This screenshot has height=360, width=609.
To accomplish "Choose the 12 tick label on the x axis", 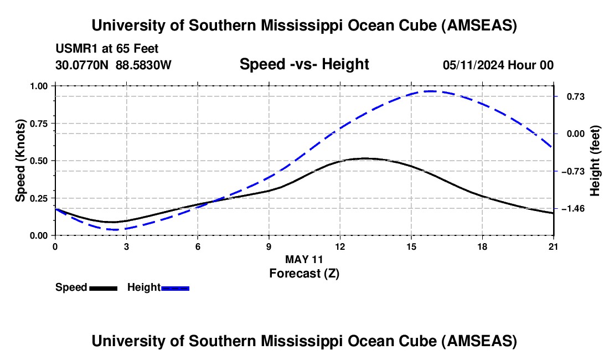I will (340, 246).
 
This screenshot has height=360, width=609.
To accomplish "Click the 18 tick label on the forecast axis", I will (483, 246).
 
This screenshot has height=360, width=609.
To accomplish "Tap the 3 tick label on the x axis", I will (126, 246).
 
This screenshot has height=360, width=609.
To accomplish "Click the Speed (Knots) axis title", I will (20, 161).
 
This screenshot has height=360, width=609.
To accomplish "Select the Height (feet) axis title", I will (595, 161).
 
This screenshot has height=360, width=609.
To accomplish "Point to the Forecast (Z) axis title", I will (304, 273).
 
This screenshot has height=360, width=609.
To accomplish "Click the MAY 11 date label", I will (304, 259).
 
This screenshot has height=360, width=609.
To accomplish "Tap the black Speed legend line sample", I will (103, 287).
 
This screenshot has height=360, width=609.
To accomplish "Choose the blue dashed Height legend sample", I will (176, 287).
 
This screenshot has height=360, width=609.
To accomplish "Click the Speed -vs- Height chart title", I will (304, 64).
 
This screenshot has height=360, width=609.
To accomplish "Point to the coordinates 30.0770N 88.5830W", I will (113, 65).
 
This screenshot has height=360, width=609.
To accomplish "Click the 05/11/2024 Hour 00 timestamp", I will (498, 65).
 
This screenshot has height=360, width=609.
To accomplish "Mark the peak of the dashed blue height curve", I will (431, 91).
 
